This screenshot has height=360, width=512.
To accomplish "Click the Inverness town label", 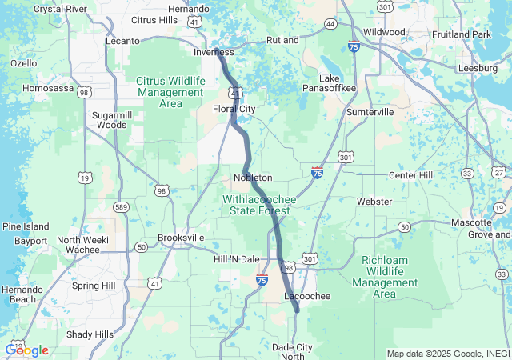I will click(213, 52).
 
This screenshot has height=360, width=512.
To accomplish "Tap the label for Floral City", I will click(234, 109).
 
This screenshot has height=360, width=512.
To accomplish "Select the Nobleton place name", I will click(253, 178).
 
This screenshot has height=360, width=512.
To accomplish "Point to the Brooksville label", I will click(181, 238).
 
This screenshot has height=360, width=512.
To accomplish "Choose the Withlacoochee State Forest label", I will click(259, 204).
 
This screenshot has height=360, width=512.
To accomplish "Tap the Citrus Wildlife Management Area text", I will click(170, 92).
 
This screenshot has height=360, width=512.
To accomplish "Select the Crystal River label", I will click(61, 9).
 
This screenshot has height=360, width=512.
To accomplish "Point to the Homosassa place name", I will click(49, 88).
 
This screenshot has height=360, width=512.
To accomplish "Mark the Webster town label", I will click(374, 202).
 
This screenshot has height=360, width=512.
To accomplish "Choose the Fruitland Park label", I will click(461, 35).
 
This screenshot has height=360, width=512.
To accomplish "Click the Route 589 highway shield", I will click(120, 207).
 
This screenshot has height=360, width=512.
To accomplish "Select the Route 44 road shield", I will click(330, 25).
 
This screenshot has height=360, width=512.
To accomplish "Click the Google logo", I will click(26, 350).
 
